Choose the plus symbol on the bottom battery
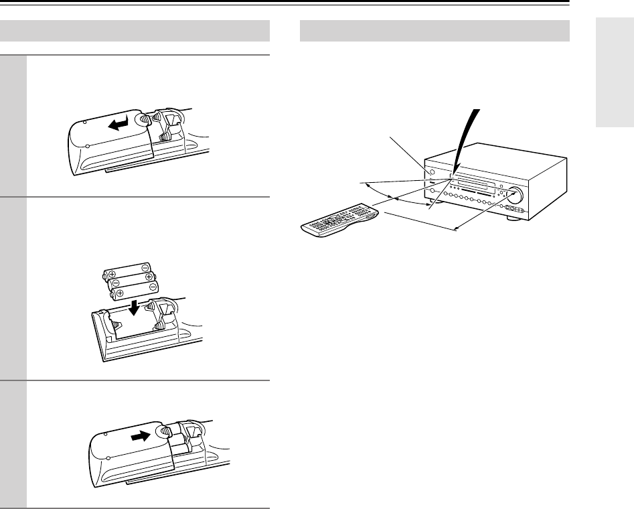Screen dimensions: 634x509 [x=118, y=293]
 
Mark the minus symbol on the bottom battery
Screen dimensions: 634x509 [x=154, y=287]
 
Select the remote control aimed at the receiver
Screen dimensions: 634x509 [x=339, y=222]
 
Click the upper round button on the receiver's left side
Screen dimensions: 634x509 [x=431, y=173]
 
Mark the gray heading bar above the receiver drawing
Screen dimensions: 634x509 [x=434, y=31]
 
